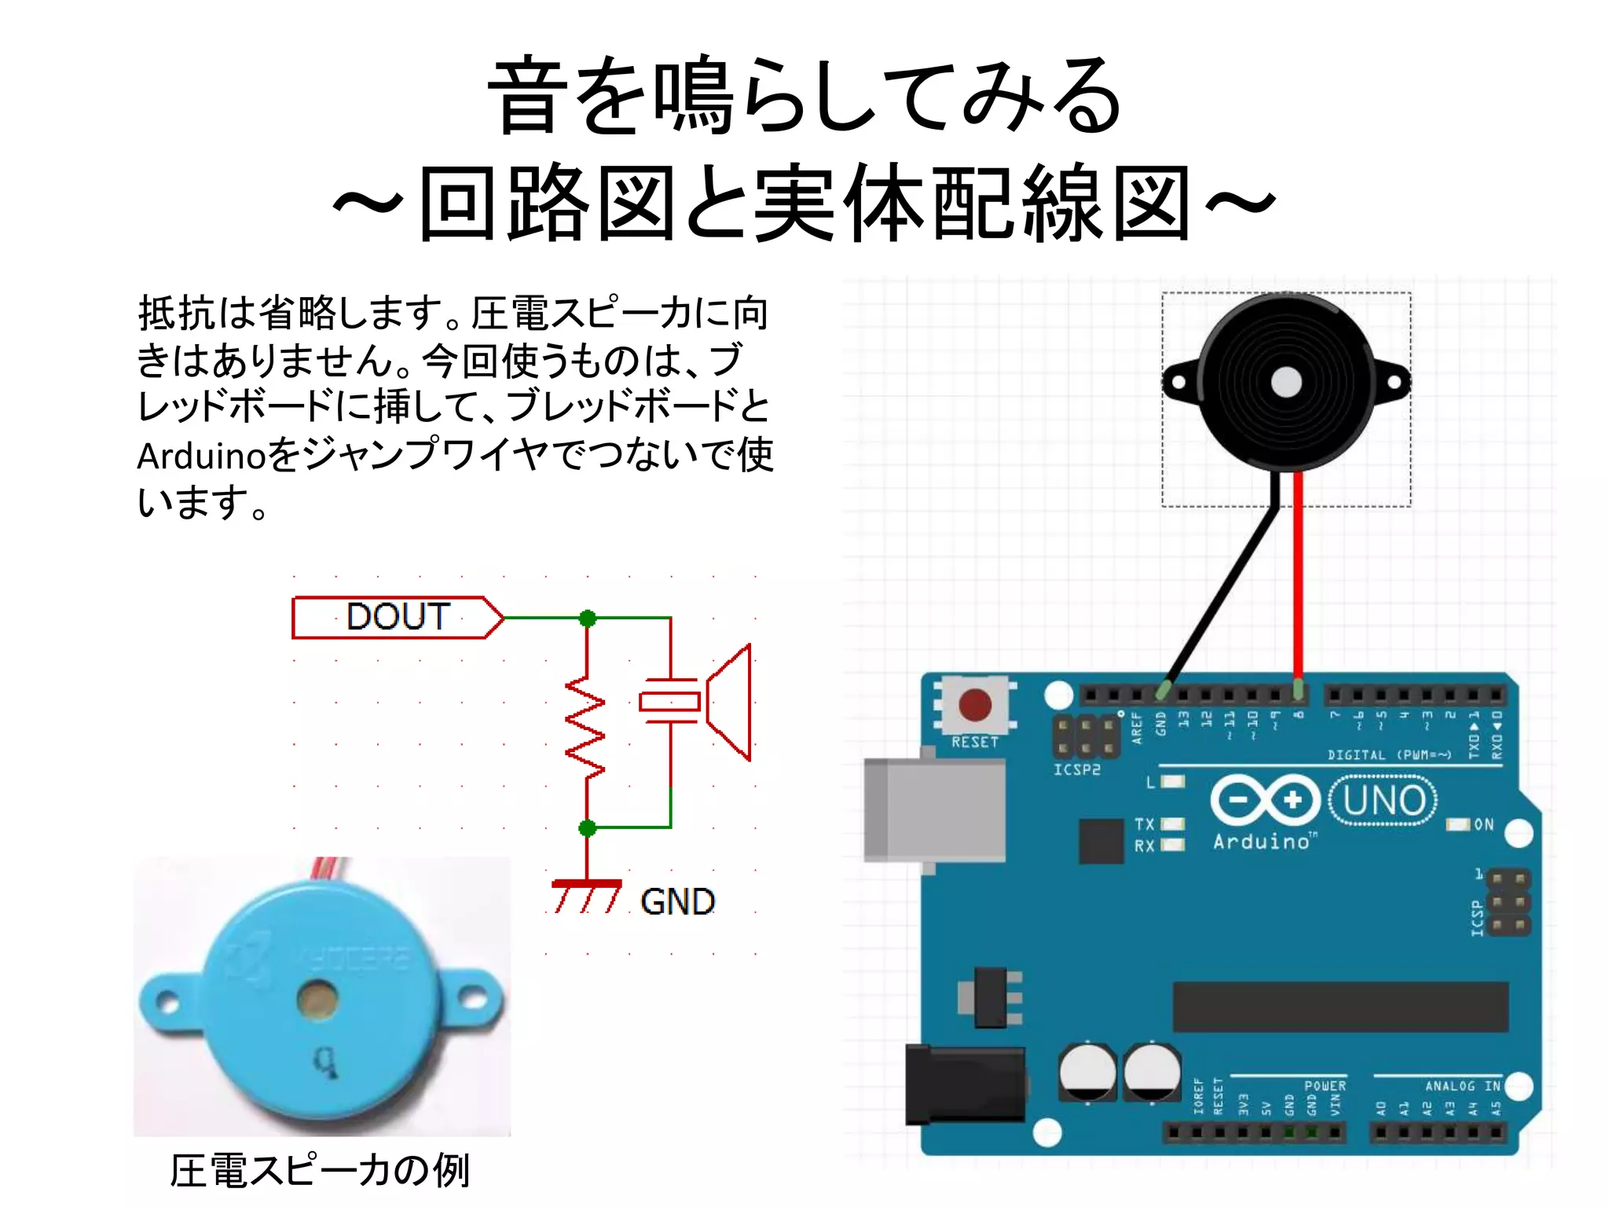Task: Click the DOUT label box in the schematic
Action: point(397,618)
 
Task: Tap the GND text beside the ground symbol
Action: point(677,901)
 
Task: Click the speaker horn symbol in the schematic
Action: point(729,702)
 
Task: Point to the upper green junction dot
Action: point(587,618)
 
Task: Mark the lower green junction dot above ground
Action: point(587,827)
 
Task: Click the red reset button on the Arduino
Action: point(975,705)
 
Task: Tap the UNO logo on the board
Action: point(1384,801)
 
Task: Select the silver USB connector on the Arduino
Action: point(933,810)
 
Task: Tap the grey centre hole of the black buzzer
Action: point(1286,383)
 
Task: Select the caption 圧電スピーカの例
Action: point(320,1170)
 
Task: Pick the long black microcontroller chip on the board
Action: point(1340,1007)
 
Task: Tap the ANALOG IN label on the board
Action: point(1462,1086)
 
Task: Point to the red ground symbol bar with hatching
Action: point(586,886)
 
